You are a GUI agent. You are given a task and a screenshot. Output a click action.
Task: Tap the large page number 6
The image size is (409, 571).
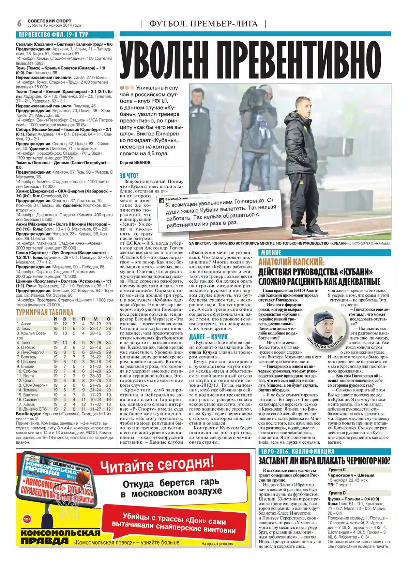tap(19, 23)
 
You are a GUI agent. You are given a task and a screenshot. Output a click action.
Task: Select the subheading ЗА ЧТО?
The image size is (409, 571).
tap(129, 176)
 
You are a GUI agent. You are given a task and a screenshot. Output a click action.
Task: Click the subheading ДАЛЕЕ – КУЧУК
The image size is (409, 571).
tap(208, 337)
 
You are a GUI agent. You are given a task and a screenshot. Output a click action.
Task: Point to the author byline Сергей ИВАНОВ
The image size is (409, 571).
tap(135, 163)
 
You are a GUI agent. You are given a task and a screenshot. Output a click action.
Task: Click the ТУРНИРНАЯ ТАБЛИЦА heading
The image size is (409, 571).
tap(45, 312)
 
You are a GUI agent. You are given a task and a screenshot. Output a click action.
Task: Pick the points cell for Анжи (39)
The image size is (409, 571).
tap(108, 324)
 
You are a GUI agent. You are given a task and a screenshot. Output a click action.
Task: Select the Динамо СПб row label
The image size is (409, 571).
tap(32, 409)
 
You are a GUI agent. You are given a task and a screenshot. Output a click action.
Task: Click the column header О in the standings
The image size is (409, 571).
tap(108, 319)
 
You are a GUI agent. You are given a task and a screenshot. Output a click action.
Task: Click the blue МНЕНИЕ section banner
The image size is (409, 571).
tap(271, 253)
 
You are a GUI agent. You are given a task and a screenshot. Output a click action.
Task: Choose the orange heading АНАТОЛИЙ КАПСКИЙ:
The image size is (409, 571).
tap(291, 262)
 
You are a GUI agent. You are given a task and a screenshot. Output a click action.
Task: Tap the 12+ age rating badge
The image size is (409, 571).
tap(27, 519)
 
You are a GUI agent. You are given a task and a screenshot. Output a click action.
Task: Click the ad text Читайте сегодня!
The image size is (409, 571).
tap(157, 465)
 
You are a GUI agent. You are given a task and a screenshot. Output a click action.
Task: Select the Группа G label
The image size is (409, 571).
tap(337, 470)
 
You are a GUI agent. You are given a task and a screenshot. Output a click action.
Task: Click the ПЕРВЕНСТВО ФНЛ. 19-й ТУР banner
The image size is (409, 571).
tap(54, 35)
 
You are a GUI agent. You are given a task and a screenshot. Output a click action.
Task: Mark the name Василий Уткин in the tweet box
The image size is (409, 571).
tap(177, 199)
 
